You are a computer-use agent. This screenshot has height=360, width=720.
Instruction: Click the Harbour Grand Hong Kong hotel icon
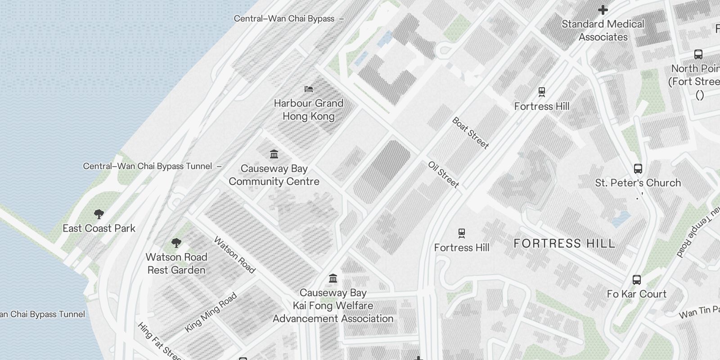point(309,89)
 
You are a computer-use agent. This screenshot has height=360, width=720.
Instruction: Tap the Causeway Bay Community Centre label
point(274,175)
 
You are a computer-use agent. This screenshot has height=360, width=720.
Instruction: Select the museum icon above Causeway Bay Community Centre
point(274,154)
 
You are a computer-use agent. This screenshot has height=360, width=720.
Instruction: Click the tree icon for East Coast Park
point(99,214)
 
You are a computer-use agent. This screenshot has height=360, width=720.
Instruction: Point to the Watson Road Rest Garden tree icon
point(176,243)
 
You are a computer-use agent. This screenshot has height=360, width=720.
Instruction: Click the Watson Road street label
point(234,255)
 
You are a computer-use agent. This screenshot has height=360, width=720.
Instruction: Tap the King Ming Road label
point(211,313)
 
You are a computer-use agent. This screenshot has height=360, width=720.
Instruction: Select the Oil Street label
point(443,175)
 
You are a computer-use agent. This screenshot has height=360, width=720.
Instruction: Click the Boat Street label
point(470,133)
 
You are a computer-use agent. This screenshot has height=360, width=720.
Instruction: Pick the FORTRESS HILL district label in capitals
point(564,243)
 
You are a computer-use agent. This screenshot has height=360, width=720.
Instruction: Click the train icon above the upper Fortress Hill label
point(542,92)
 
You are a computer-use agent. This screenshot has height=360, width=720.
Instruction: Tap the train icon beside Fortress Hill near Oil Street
point(462,233)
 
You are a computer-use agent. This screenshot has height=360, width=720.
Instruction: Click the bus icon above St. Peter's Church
point(638,169)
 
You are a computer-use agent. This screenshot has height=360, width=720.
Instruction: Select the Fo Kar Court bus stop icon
point(636,280)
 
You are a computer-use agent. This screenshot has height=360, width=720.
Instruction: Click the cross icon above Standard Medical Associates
point(603,9)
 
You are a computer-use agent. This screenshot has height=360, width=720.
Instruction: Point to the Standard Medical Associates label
point(603,30)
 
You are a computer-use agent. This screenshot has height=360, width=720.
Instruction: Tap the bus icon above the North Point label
point(698,54)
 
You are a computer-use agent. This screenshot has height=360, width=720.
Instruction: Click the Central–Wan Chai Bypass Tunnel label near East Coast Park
point(148,166)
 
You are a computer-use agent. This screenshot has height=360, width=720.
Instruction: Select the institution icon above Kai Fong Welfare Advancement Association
point(333,279)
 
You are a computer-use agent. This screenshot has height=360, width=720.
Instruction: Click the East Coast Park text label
point(99,228)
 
